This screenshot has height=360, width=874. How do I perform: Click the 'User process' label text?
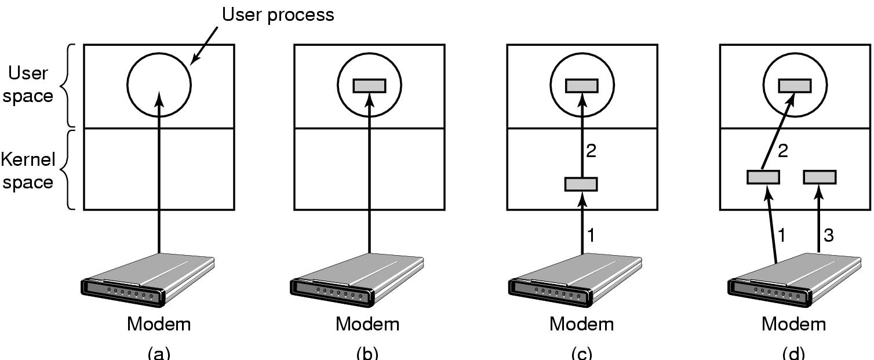(278, 14)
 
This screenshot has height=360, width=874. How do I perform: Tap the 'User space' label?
(28, 85)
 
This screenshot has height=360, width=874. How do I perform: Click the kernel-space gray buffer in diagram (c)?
(581, 184)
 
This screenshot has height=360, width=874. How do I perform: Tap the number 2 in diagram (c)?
(591, 152)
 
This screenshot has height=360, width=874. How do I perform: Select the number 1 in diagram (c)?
(591, 236)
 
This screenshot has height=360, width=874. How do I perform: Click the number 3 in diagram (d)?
(828, 236)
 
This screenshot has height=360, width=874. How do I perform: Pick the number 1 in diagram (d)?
(782, 236)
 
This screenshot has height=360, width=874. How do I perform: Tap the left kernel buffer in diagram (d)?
(763, 177)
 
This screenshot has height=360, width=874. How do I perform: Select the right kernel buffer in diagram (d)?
(819, 177)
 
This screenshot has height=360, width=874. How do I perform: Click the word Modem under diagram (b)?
(367, 323)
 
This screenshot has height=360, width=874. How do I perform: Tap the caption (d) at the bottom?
(793, 352)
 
